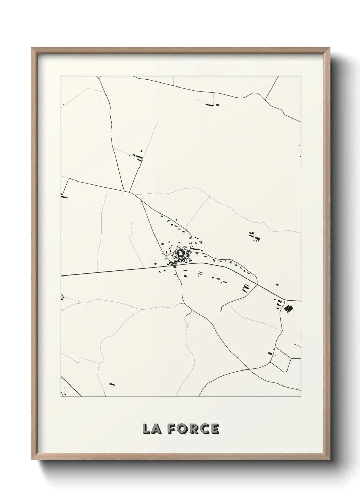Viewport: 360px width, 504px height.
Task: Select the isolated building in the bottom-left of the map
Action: click(x=112, y=384)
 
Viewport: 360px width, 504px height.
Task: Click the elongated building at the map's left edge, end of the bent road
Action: click(x=64, y=196)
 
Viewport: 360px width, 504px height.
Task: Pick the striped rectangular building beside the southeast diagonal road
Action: click(x=246, y=288)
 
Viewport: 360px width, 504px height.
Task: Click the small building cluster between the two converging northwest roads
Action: click(x=138, y=156)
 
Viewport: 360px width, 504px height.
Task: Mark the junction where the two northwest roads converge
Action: click(x=129, y=192)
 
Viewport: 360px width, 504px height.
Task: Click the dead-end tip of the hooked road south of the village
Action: click(x=221, y=311)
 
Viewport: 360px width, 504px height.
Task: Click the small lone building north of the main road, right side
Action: click(x=277, y=284)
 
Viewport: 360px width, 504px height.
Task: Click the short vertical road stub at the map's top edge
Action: click(x=174, y=81)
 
